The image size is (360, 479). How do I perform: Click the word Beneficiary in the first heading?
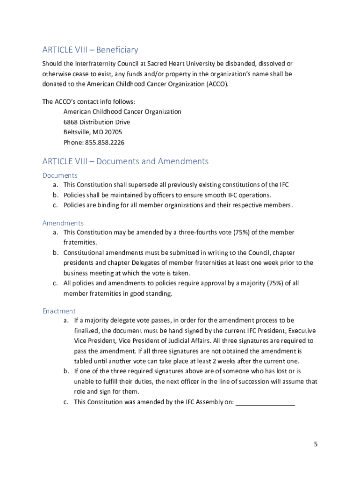117,50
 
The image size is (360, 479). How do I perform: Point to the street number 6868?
71,122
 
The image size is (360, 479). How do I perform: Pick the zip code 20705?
114,132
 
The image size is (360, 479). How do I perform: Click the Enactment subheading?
59,311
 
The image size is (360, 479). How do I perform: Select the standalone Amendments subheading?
63,223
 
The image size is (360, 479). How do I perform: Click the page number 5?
316,444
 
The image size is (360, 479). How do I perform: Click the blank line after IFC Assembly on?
265,402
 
